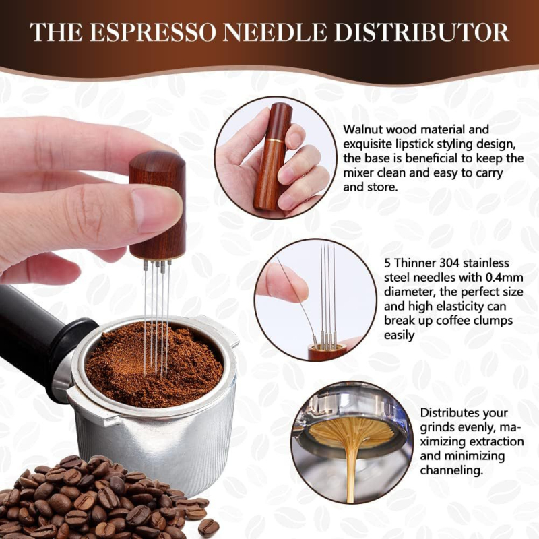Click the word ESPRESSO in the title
165,32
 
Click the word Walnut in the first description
364,128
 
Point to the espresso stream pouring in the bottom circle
350,465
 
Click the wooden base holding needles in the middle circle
327,351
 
